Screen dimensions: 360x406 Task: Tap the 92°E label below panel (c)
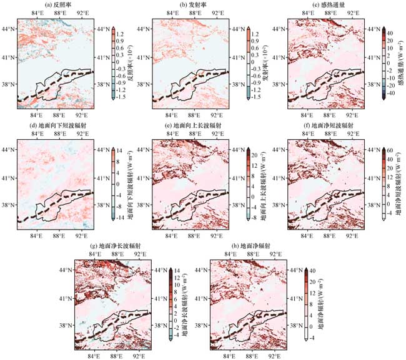[351, 115]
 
